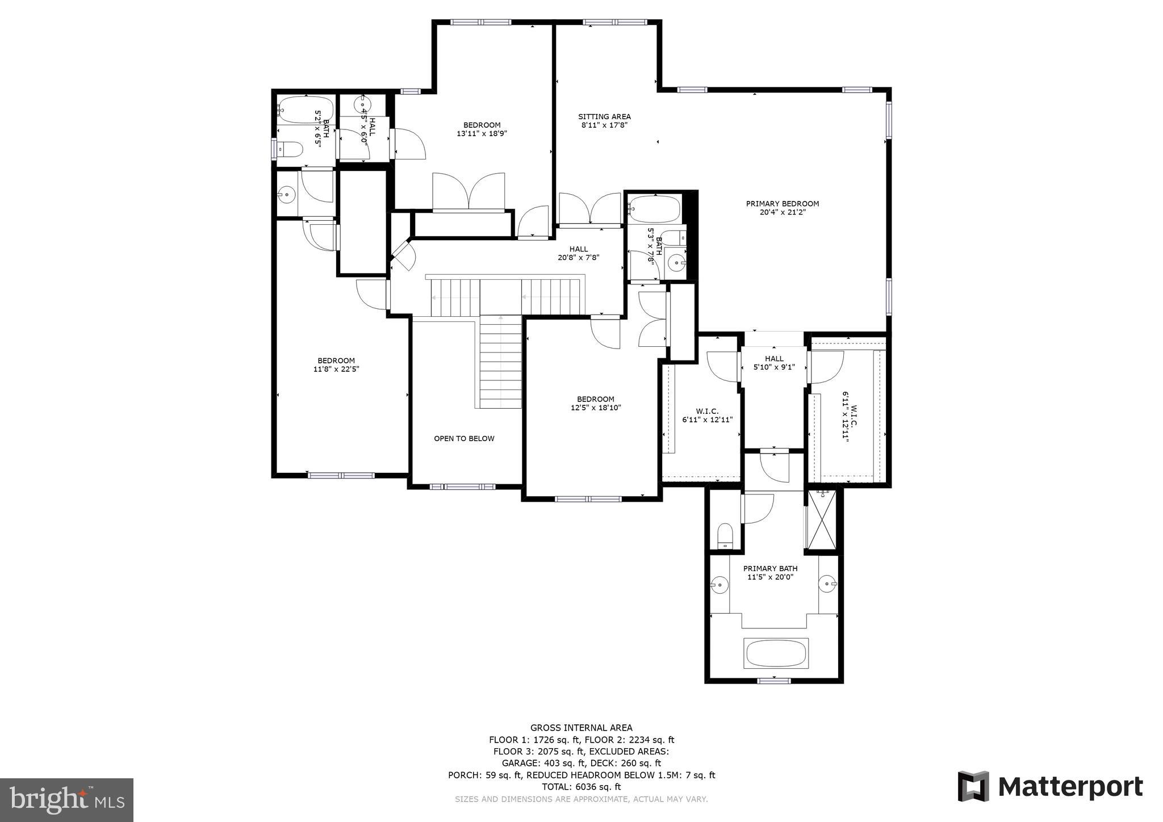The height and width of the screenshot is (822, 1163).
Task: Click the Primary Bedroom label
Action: [782, 204]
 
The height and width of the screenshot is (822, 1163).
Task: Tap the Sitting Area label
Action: [604, 117]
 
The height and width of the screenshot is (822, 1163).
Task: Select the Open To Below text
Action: [464, 438]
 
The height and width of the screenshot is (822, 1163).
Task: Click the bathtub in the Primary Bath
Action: [776, 653]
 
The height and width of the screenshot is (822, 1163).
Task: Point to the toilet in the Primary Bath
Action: [725, 536]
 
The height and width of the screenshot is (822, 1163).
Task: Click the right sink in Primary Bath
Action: [827, 583]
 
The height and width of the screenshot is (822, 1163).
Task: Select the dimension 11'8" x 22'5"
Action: [336, 369]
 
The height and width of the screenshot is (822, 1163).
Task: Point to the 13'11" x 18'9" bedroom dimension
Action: [482, 134]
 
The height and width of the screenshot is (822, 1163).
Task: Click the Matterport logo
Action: [1051, 787]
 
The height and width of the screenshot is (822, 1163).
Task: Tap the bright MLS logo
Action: [66, 800]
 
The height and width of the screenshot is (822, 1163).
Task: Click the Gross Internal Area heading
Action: [581, 728]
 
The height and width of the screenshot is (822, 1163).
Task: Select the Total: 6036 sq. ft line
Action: [581, 787]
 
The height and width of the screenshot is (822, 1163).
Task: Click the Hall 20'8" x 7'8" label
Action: [579, 253]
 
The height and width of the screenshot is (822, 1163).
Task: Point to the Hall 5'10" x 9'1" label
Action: [773, 363]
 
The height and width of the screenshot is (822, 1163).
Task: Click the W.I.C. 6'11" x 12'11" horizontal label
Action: [707, 416]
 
